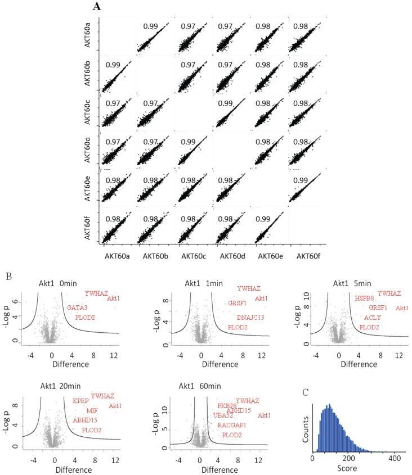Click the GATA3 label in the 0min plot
point(77,307)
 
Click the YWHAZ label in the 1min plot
point(249,288)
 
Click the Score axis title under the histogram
point(354,468)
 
